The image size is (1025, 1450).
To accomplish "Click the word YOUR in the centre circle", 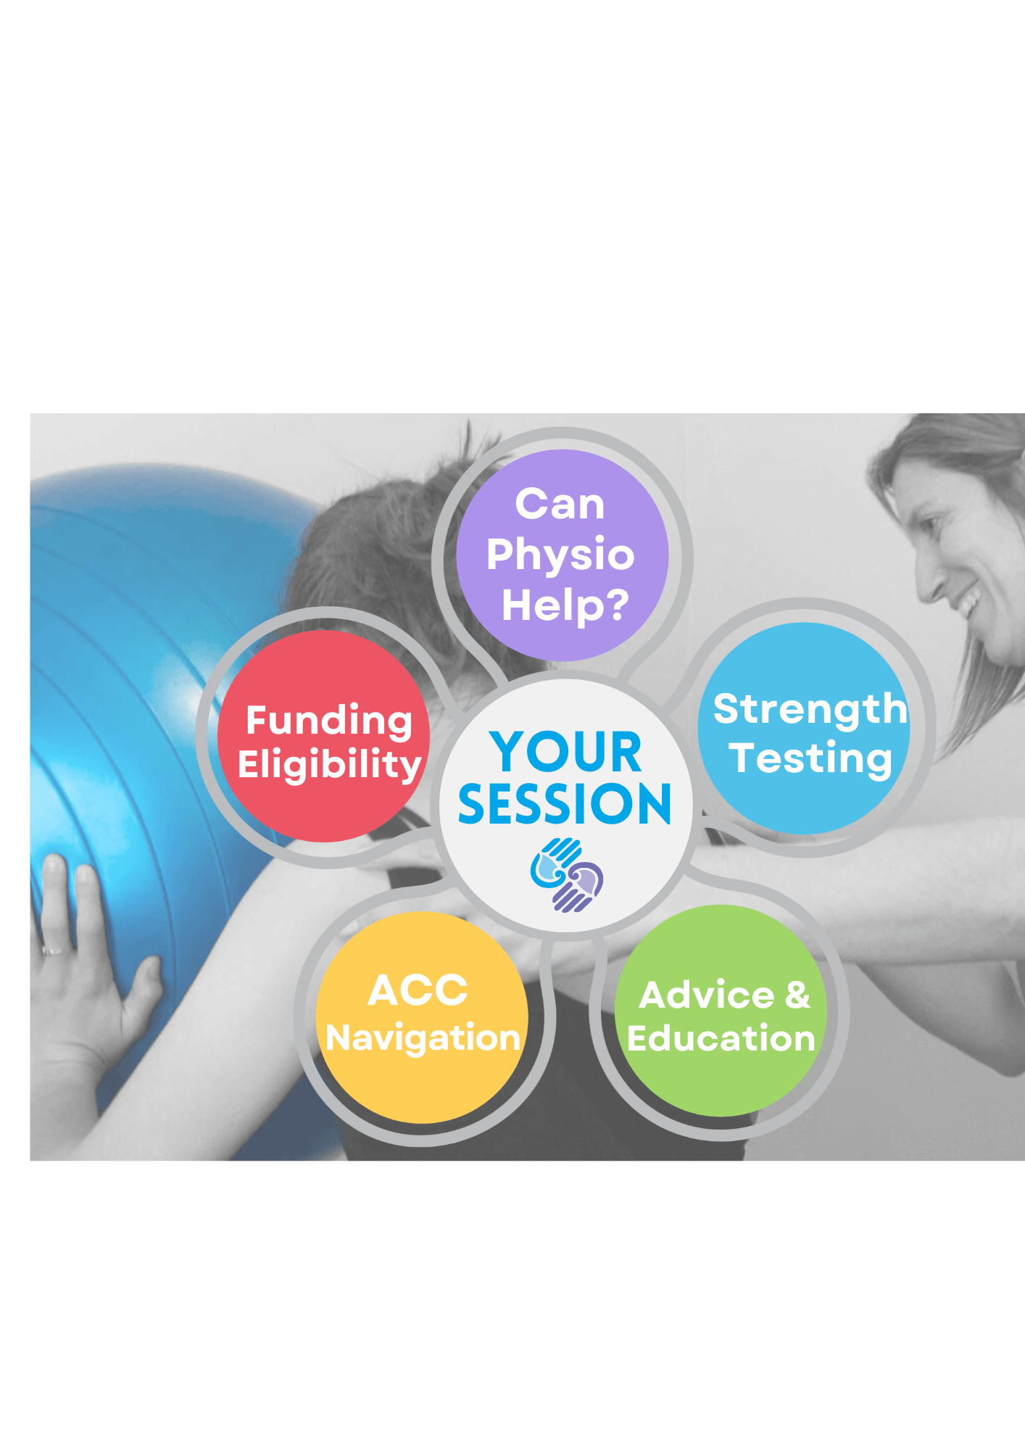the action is pyautogui.click(x=565, y=752).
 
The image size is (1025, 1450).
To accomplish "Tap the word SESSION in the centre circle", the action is pyautogui.click(x=565, y=804).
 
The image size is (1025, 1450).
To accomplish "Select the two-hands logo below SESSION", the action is pyautogui.click(x=567, y=874).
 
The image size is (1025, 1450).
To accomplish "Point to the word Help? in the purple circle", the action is pyautogui.click(x=565, y=605).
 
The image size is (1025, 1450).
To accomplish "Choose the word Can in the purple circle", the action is pyautogui.click(x=560, y=504).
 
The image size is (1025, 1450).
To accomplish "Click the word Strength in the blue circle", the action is pyautogui.click(x=810, y=708).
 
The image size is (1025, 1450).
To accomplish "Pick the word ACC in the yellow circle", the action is pyautogui.click(x=418, y=990).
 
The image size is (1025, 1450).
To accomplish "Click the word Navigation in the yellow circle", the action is pyautogui.click(x=423, y=1038).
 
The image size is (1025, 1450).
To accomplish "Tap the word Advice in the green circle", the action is pyautogui.click(x=707, y=995).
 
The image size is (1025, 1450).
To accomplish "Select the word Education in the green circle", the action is pyautogui.click(x=721, y=1038).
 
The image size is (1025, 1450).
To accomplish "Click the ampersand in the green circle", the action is pyautogui.click(x=797, y=995).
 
